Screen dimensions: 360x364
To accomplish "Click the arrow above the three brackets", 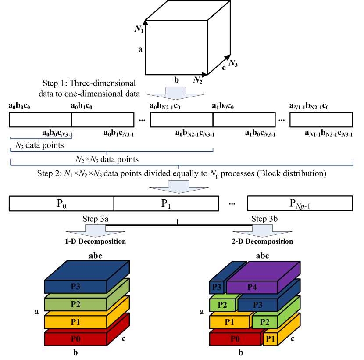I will click(175, 94).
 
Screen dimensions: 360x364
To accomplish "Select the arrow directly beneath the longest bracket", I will click(179, 187).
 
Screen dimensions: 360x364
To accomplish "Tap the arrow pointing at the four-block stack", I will click(96, 231).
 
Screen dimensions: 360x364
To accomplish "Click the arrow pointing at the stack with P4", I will click(262, 231).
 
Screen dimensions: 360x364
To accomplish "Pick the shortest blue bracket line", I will click(41, 139).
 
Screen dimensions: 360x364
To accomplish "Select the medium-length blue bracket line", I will click(111, 151).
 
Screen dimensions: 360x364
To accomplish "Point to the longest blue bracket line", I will click(182, 165).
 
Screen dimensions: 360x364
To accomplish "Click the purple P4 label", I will click(252, 287).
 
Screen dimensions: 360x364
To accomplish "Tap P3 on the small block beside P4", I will click(217, 287).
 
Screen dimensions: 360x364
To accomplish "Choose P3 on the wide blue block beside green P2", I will click(258, 305).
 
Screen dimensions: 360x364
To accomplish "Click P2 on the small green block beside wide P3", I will click(222, 305).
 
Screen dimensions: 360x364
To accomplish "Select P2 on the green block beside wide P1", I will click(265, 322).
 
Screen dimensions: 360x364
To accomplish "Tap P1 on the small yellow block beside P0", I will click(270, 339).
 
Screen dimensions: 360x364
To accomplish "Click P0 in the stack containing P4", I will click(235, 339).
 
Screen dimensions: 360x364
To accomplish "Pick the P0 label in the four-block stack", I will click(75, 339).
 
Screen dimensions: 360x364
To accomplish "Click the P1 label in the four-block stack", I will click(75, 322).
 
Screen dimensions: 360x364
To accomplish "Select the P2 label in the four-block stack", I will click(75, 304).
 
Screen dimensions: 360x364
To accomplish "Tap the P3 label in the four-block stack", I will click(75, 287).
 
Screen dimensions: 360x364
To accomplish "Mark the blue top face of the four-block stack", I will click(87, 270).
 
